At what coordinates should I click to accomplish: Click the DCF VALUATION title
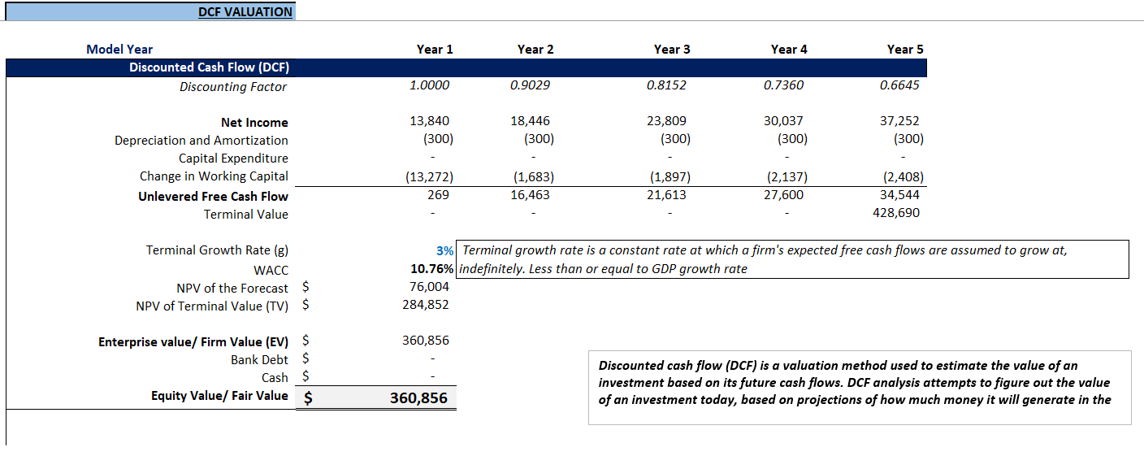point(245,12)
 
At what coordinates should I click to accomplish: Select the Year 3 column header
point(671,50)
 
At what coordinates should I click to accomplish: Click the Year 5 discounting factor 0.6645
point(899,85)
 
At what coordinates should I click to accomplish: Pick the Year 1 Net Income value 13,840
point(430,121)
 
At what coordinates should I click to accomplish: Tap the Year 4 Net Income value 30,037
point(784,121)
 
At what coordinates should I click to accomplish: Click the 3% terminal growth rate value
point(444,251)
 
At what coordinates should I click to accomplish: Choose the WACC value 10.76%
point(432,269)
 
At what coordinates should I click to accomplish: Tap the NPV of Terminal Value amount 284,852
point(426,305)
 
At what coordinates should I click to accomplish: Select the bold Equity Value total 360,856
point(418,398)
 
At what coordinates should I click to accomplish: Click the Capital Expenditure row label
point(233,159)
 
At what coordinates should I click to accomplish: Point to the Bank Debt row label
point(259,360)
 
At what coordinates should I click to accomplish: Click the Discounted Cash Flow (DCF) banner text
point(209,67)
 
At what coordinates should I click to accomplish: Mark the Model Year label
point(119,50)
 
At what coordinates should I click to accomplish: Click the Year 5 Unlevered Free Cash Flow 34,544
point(899,195)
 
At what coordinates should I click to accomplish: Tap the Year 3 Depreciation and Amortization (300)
point(675,139)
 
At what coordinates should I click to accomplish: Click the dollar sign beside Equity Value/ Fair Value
point(309,398)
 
